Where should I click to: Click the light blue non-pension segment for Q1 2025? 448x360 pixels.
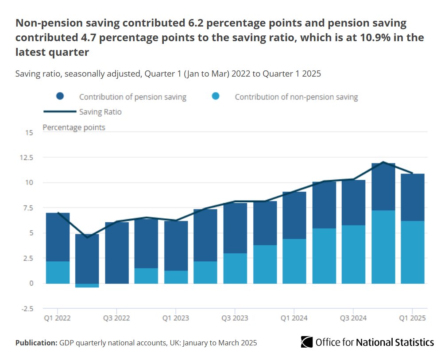[x=412, y=252]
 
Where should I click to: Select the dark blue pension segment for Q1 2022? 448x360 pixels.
[x=58, y=237]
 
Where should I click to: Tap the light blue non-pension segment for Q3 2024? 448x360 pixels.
[x=353, y=254]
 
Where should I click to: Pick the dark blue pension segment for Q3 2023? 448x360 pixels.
[x=235, y=228]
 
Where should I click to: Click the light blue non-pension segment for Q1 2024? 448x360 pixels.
[x=294, y=261]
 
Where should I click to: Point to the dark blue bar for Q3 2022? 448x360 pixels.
[x=117, y=252]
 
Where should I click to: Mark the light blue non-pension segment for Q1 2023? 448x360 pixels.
[x=176, y=277]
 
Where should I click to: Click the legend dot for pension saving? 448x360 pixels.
[x=61, y=96]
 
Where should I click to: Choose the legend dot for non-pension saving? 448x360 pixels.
[x=216, y=96]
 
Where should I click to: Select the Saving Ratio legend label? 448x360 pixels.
[x=100, y=112]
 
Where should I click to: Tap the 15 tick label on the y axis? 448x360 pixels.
[x=29, y=132]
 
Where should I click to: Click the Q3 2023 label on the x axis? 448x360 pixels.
[x=235, y=318]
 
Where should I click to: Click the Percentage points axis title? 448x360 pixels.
[x=74, y=128]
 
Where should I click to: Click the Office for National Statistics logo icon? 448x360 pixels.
[x=307, y=342]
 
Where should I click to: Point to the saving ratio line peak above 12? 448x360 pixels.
[x=383, y=162]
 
